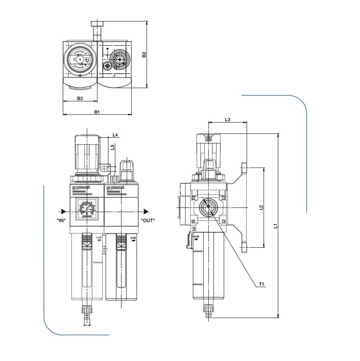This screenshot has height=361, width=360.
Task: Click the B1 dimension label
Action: coord(97,112)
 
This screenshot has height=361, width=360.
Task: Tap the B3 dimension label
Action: coord(80,98)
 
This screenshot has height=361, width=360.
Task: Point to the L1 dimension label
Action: coord(275,226)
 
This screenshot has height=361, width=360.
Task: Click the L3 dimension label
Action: coord(227,119)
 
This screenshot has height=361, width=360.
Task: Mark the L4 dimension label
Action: coord(115,135)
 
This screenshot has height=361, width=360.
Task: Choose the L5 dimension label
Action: coord(113,147)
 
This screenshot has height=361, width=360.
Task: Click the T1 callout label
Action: coord(262,284)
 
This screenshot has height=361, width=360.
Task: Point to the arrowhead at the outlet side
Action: coord(147,211)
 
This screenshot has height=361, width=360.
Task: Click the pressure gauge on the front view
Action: coord(86,209)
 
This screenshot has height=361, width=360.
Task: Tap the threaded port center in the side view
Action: coord(208,207)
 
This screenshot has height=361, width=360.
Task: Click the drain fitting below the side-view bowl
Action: coord(208,311)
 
